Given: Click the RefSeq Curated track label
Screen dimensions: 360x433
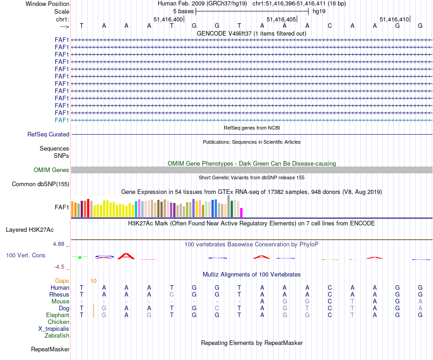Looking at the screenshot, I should pos(48,135).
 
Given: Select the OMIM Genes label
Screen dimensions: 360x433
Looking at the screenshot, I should pos(52,170).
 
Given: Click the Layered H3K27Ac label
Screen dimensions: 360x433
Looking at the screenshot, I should pos(33,230).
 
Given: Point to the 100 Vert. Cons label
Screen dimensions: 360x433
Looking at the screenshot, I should pos(26,256).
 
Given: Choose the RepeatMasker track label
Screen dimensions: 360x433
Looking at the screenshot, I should pos(50,350).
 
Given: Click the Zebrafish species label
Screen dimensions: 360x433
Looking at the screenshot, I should pos(57,336).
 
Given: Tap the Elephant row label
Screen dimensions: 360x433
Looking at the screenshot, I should pos(58,315).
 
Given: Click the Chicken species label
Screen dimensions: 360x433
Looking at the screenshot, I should pos(58,322).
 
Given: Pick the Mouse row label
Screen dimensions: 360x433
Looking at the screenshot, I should pos(60,302).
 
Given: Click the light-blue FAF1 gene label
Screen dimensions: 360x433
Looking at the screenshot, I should pos(62,120).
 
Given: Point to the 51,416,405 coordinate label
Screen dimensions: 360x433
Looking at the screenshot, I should pos(280,20).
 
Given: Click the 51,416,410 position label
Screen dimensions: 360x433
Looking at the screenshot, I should pos(394,20).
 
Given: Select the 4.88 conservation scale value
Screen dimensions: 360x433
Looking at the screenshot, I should pos(61,244).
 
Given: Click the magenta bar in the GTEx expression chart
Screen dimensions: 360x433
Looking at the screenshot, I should pos(242,213).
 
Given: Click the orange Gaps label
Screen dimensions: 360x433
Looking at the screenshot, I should pos(62,281).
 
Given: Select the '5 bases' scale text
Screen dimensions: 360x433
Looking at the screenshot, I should pos(183,11).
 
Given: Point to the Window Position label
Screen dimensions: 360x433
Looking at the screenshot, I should pos(47,4).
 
